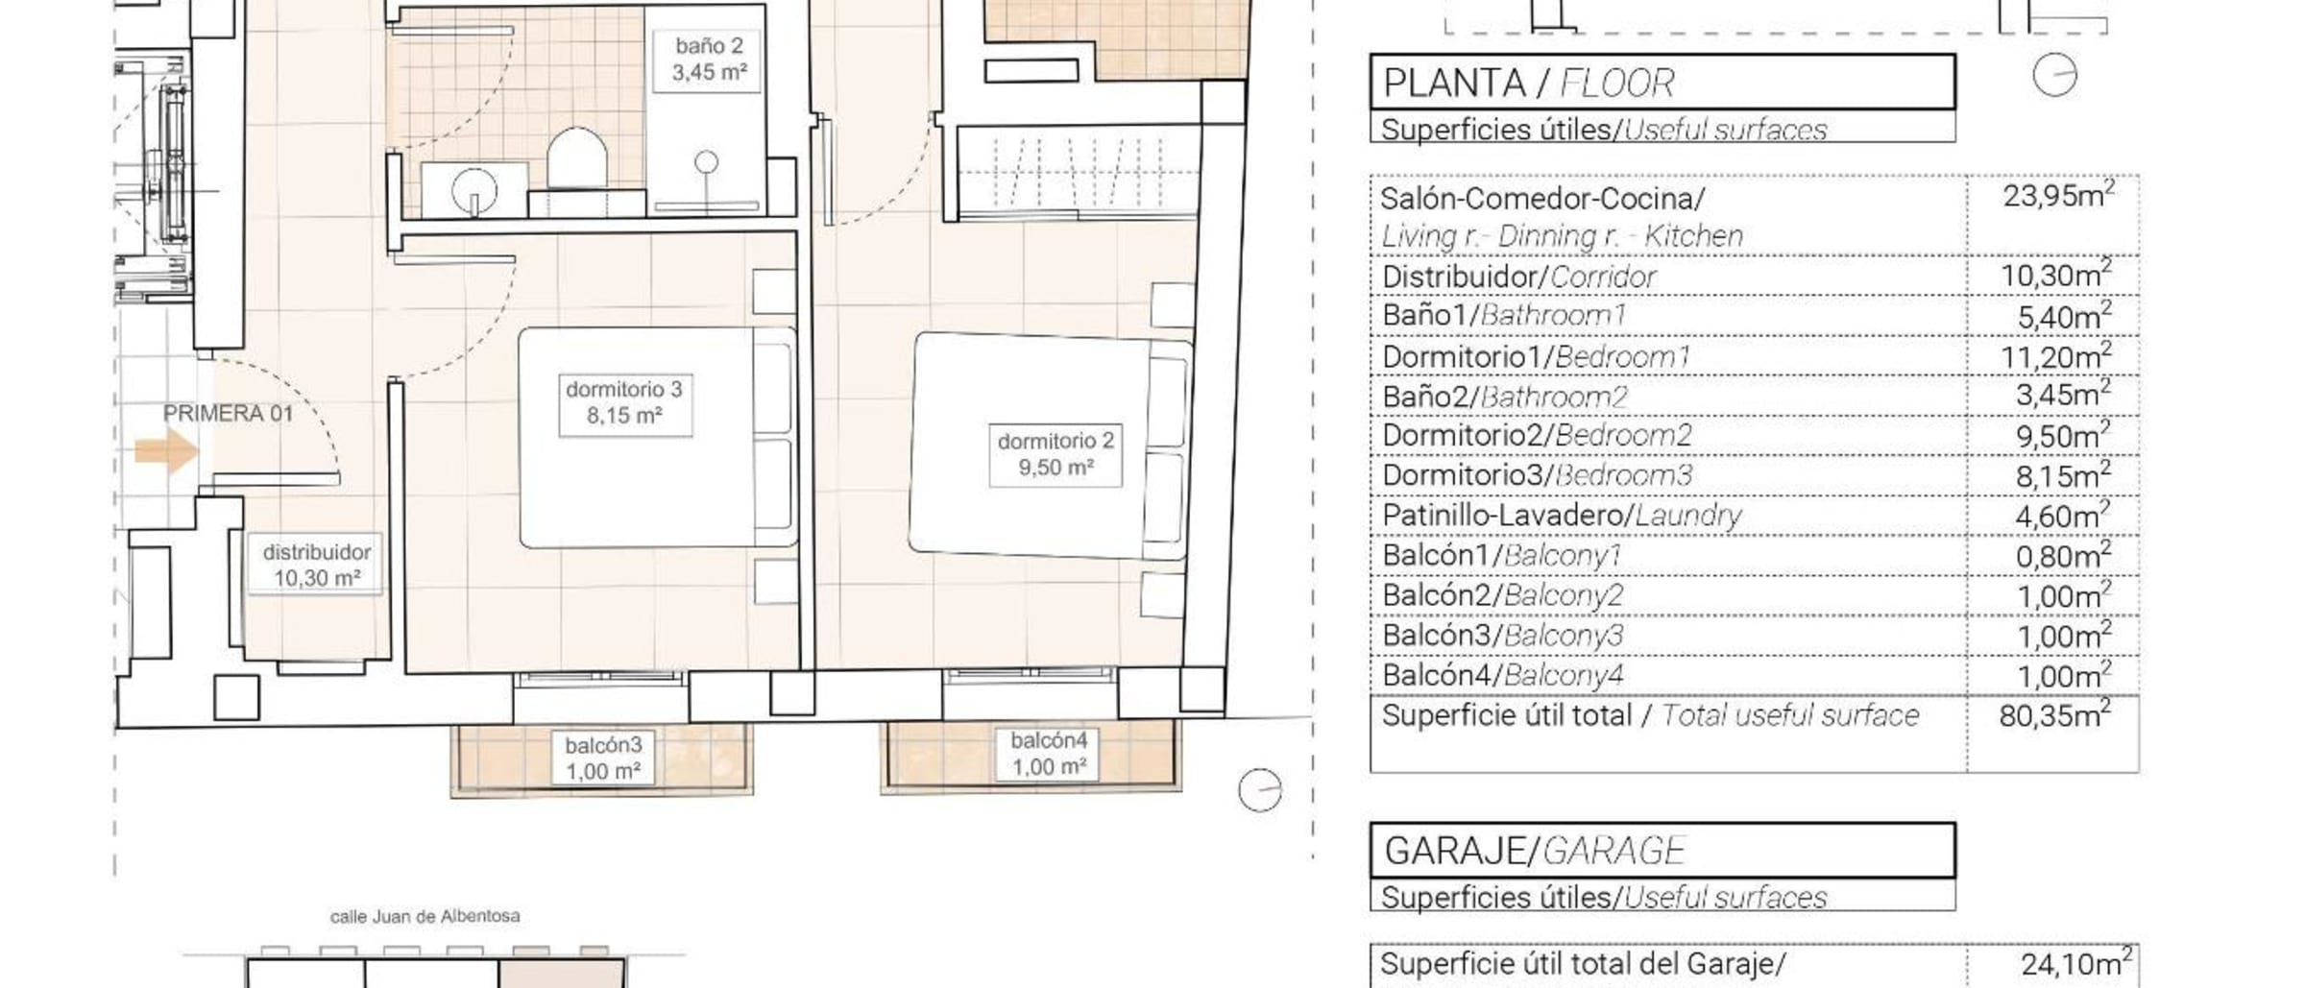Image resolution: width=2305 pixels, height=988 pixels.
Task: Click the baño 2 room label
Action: (709, 60)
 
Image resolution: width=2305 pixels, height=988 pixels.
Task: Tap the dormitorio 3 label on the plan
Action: (625, 402)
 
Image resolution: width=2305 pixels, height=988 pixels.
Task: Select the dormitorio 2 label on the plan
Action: (1055, 454)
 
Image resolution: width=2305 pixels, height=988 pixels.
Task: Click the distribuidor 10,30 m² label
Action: (316, 566)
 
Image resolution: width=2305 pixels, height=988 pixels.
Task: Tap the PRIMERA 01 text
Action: (228, 414)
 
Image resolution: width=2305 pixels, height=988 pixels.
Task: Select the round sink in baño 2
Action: (474, 188)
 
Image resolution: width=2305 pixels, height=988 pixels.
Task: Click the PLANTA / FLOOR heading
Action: (1529, 84)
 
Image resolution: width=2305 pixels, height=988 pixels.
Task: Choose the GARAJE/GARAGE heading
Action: (1535, 851)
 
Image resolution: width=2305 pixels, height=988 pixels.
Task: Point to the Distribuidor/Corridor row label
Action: (1518, 277)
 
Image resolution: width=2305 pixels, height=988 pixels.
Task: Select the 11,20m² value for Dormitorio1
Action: (2056, 357)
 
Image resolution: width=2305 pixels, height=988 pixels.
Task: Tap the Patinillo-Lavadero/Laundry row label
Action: (1562, 516)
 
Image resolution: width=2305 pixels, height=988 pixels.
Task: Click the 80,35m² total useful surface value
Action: (2055, 714)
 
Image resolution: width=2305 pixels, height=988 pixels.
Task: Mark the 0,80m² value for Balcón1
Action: (2063, 556)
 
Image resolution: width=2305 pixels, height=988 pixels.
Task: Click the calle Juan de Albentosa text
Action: (425, 917)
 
